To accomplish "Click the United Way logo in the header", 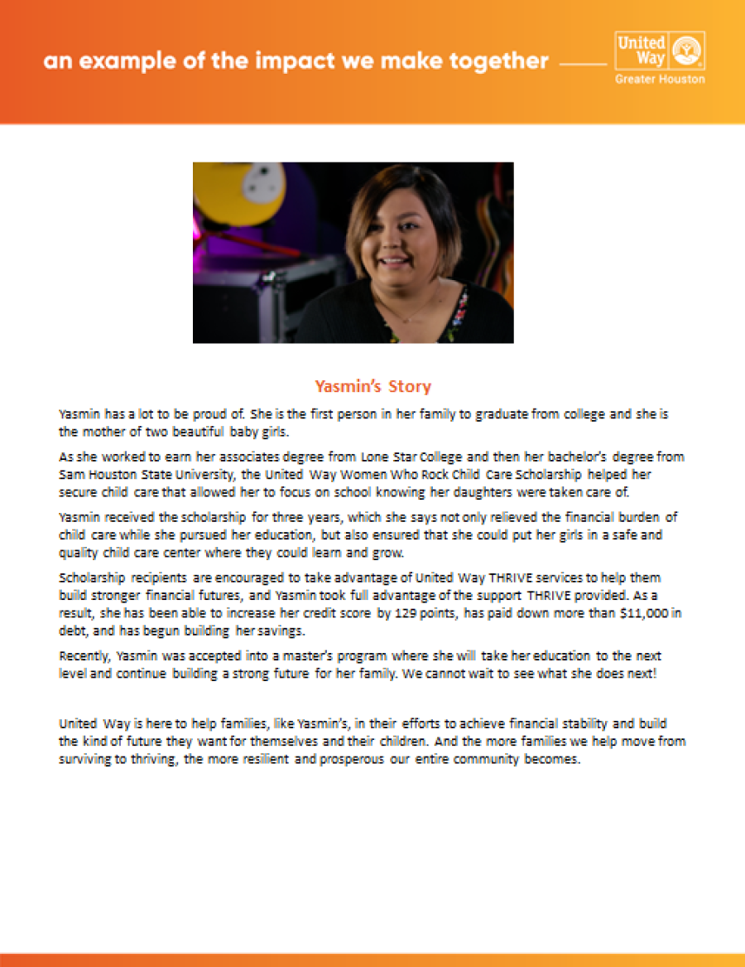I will [660, 51].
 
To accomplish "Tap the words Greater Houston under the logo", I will [660, 80].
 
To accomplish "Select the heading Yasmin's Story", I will [372, 387].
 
